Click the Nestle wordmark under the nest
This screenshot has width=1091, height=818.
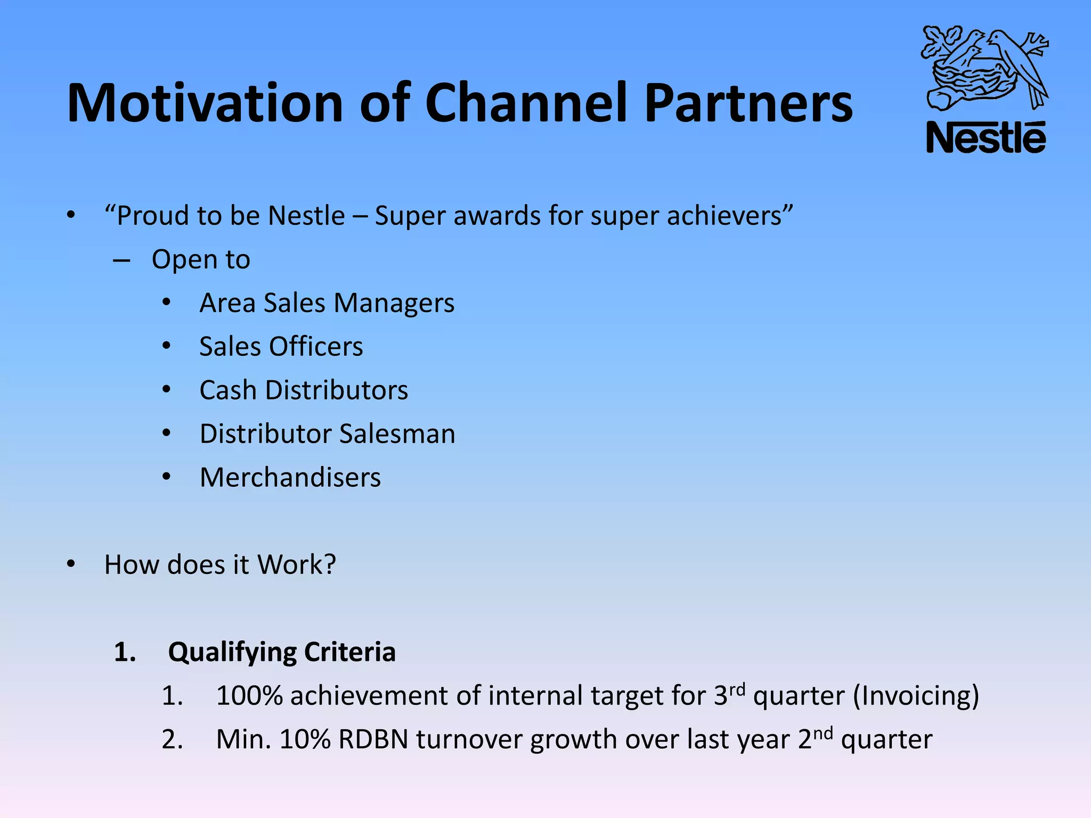pyautogui.click(x=986, y=138)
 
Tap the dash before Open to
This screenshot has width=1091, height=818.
pyautogui.click(x=121, y=260)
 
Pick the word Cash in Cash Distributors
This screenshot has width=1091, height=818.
pyautogui.click(x=228, y=390)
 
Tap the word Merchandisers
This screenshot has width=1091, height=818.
pyautogui.click(x=290, y=478)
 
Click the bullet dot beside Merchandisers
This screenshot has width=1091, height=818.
pyautogui.click(x=167, y=477)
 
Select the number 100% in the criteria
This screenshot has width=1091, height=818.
pyautogui.click(x=249, y=696)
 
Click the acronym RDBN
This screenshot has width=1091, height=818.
pyautogui.click(x=373, y=740)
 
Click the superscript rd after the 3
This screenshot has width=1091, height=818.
pyautogui.click(x=737, y=690)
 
